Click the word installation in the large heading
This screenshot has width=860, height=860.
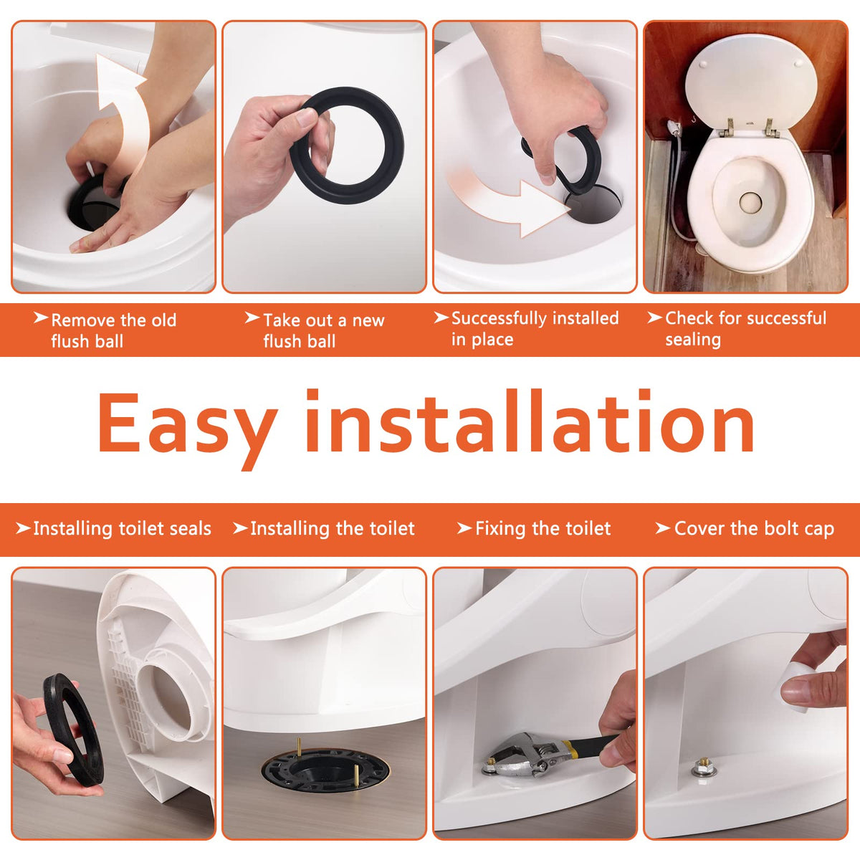pyautogui.click(x=530, y=421)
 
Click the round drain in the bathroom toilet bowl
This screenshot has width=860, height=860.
pyautogui.click(x=750, y=201)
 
